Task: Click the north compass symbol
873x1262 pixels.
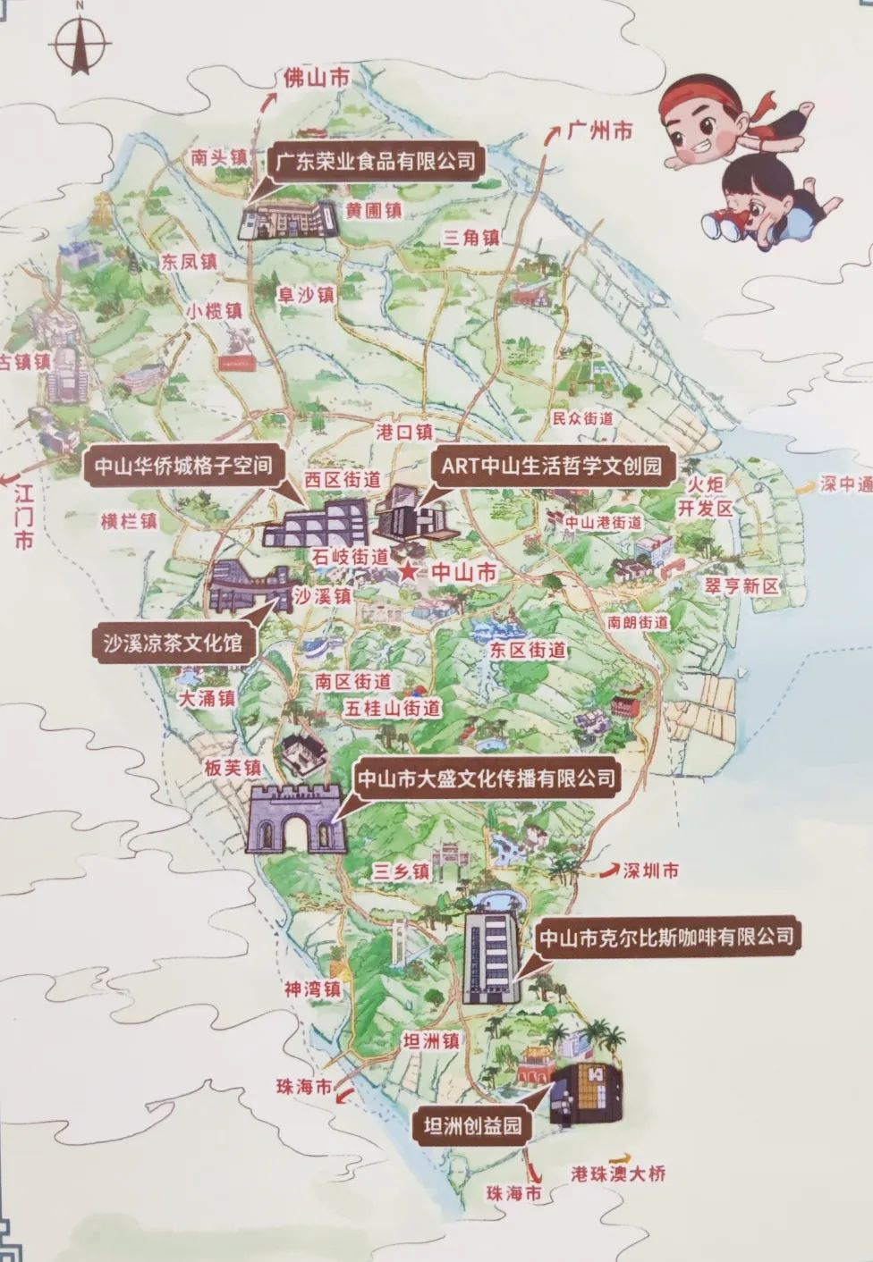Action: pyautogui.click(x=80, y=39)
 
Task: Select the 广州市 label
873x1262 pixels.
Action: pyautogui.click(x=599, y=131)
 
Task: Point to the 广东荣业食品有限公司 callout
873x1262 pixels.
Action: pyautogui.click(x=375, y=162)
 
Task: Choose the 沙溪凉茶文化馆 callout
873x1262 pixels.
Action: pyautogui.click(x=173, y=642)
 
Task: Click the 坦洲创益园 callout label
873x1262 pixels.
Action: pyautogui.click(x=472, y=1125)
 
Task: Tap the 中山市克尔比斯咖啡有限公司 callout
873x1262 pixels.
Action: pyautogui.click(x=665, y=938)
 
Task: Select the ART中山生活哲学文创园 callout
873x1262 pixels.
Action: pyautogui.click(x=551, y=466)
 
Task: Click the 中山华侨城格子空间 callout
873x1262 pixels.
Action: pyautogui.click(x=183, y=466)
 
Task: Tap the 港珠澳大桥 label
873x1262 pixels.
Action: pyautogui.click(x=618, y=1174)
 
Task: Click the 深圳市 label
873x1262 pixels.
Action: pyautogui.click(x=650, y=871)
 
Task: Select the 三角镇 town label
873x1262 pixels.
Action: pyautogui.click(x=471, y=237)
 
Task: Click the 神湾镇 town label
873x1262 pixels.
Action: pyautogui.click(x=312, y=989)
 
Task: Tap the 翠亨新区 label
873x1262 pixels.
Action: pyautogui.click(x=742, y=586)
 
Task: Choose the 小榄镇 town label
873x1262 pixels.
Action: pyautogui.click(x=215, y=311)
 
